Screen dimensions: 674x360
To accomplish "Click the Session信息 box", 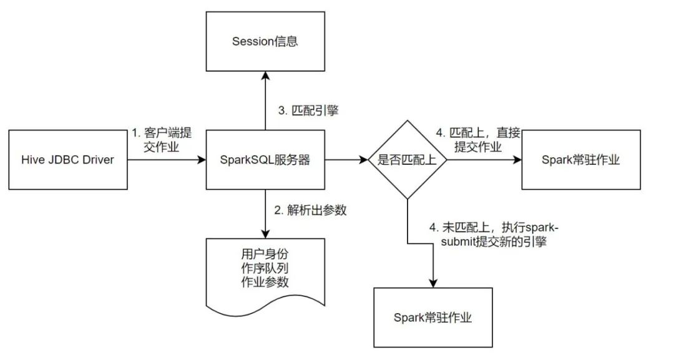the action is coord(265,41).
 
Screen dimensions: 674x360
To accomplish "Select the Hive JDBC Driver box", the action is coord(68,160).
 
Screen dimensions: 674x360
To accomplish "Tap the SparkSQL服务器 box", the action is coord(265,160).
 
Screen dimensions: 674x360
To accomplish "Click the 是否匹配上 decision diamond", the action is coord(408,160).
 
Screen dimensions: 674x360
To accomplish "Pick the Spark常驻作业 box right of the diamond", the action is coord(581,160).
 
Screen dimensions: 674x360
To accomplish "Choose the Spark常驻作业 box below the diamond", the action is coord(433,318).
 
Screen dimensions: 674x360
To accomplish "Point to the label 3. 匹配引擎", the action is coord(308,110).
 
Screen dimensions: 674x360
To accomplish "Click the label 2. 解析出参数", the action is coord(310,210).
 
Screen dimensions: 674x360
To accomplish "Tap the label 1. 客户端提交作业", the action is coord(162,140).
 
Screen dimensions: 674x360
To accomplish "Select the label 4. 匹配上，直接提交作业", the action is coord(478,140).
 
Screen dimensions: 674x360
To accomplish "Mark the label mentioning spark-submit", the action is coord(494,235).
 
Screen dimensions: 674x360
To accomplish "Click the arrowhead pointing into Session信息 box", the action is coord(266,75).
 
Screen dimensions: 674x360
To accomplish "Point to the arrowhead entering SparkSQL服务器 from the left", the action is coord(202,160).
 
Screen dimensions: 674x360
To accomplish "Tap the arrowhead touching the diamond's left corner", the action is coord(364,160).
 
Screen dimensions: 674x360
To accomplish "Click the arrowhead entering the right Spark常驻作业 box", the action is coord(517,160).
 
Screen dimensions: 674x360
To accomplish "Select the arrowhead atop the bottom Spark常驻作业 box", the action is coord(433,283).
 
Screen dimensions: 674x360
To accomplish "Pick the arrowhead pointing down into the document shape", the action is coord(266,234).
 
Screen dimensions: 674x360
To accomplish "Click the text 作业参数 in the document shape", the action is coord(265,282).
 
